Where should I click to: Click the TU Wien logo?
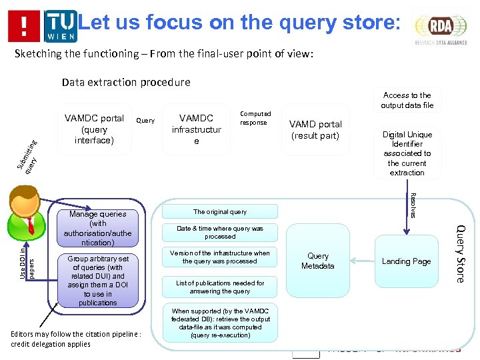pyautogui.click(x=61, y=25)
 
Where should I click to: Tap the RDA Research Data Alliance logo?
pyautogui.click(x=440, y=27)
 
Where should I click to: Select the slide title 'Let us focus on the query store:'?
pyautogui.click(x=239, y=23)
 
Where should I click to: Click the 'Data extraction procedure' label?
pyautogui.click(x=126, y=83)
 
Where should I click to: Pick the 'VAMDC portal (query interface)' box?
pyautogui.click(x=94, y=129)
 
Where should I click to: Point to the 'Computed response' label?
pyautogui.click(x=255, y=118)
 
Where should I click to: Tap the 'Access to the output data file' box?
pyautogui.click(x=407, y=100)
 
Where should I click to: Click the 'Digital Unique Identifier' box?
pyautogui.click(x=407, y=153)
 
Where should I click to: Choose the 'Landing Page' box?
pyautogui.click(x=406, y=261)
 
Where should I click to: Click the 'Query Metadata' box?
pyautogui.click(x=318, y=261)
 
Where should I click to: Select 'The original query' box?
pyautogui.click(x=220, y=212)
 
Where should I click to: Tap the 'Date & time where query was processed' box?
pyautogui.click(x=220, y=232)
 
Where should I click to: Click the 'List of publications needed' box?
pyautogui.click(x=220, y=287)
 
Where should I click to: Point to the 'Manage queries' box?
pyautogui.click(x=98, y=228)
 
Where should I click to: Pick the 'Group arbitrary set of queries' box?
pyautogui.click(x=98, y=280)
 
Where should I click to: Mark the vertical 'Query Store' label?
pyautogui.click(x=459, y=253)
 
